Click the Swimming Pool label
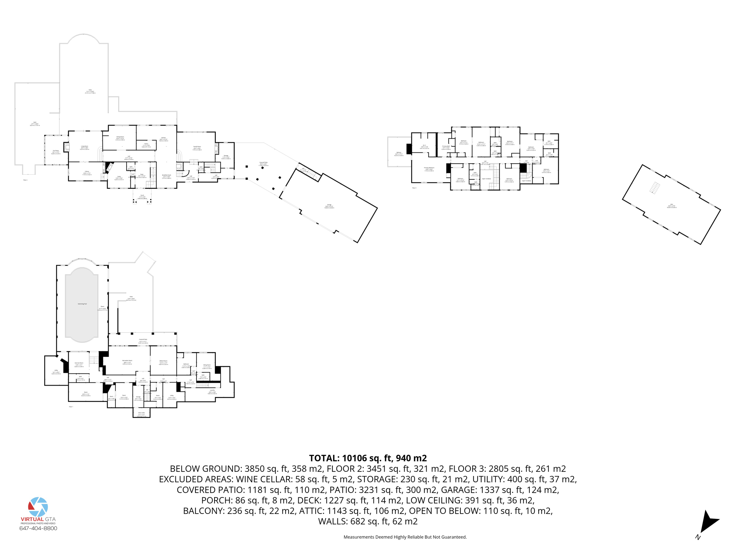coord(82,304)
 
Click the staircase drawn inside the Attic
coord(655,188)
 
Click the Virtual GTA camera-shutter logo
coord(38,507)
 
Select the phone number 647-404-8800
coord(38,528)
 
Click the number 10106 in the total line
coord(354,458)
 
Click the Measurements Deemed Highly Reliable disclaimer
coord(405,537)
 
